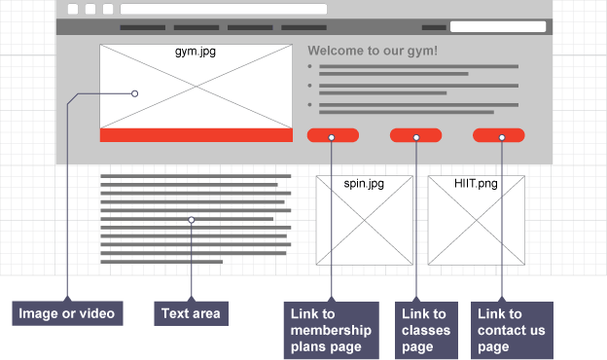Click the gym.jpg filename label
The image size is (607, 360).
[196, 52]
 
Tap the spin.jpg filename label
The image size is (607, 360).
[364, 183]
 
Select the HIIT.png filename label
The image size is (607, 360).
[476, 183]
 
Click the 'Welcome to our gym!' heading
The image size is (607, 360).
[373, 51]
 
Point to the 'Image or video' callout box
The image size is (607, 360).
[67, 313]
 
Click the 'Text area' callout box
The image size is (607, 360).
[192, 313]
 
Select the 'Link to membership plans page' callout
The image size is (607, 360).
[332, 330]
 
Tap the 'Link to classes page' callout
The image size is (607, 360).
[426, 330]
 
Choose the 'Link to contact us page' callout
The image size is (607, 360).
[512, 330]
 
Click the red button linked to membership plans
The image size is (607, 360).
[333, 135]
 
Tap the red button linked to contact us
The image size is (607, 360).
[499, 135]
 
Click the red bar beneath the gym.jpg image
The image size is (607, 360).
[196, 135]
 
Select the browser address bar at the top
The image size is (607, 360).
[224, 9]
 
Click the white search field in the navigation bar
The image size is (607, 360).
[498, 26]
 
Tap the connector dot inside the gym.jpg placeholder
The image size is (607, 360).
[134, 93]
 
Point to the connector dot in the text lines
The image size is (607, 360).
[192, 220]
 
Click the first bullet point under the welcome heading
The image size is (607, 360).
[309, 66]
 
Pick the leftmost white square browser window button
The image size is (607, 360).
[73, 9]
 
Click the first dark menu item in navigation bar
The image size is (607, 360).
[142, 27]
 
